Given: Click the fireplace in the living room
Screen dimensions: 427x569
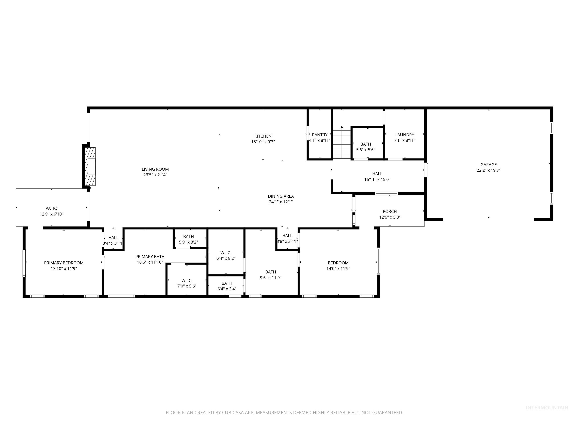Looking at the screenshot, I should point(91,167).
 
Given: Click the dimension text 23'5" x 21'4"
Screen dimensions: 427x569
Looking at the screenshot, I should point(155,175).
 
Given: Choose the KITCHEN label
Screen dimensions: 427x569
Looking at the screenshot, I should point(263,136).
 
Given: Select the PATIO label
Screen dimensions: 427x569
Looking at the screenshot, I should point(51,208).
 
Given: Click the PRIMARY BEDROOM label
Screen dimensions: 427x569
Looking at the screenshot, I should point(64,263).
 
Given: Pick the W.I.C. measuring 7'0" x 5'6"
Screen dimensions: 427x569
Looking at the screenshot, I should point(187,281).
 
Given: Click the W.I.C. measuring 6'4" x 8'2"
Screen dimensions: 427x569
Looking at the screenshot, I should point(226,253).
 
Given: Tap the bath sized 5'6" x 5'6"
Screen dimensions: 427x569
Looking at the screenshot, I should point(365,144).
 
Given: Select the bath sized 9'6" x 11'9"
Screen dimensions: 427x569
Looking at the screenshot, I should point(270,272).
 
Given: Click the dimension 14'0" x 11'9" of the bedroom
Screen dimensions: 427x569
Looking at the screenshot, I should point(338,269).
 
